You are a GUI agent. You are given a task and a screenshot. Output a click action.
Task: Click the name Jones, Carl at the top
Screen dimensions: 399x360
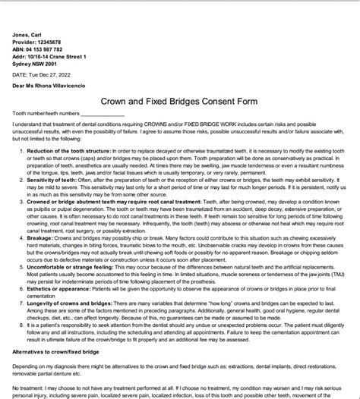tap(25, 34)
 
